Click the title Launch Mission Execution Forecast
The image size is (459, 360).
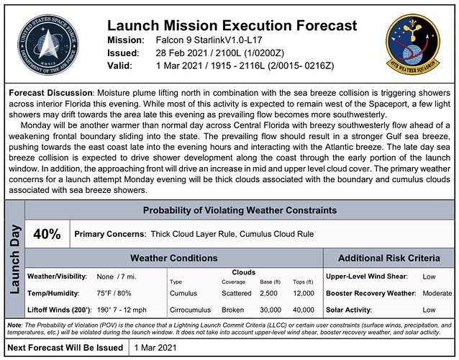click(231, 26)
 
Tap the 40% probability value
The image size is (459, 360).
click(47, 235)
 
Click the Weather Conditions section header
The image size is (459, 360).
click(173, 258)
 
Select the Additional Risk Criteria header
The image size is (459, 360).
click(388, 258)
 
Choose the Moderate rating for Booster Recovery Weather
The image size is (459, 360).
click(437, 294)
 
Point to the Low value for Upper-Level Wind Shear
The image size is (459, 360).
click(430, 276)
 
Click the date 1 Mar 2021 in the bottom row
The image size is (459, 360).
click(156, 347)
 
